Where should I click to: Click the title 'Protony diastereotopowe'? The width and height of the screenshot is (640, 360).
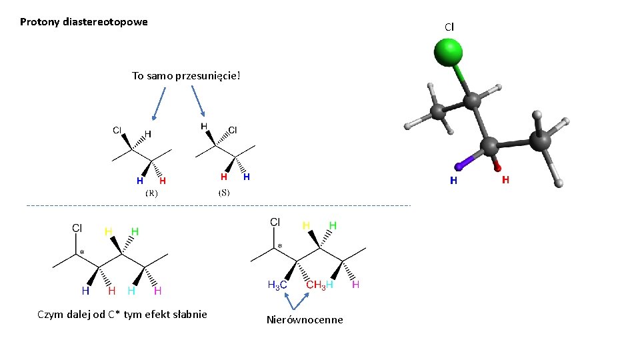pos(84,22)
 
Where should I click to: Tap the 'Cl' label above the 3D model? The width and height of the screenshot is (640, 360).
pos(449,27)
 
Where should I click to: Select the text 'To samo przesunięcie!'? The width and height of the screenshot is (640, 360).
pos(185,75)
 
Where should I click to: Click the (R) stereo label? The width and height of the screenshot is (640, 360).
pos(151,193)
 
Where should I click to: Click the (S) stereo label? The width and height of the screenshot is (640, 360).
pos(224,193)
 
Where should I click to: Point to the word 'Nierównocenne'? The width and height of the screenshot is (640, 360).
pos(305,320)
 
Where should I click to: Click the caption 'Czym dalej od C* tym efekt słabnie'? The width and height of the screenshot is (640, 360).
pos(122,315)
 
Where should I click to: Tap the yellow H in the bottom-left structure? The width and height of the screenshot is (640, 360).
pos(107,231)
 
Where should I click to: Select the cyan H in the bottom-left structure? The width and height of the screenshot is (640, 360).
pos(131,291)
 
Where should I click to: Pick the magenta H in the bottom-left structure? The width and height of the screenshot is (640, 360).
pos(158,291)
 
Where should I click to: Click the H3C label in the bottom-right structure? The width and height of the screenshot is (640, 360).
pos(277,285)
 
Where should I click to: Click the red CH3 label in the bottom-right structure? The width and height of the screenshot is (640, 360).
pos(315,285)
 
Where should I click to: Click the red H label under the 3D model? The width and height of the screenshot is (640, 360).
pos(505,180)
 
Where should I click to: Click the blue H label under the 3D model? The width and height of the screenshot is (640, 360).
pos(453,180)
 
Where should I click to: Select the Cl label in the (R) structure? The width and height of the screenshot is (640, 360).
pos(117,130)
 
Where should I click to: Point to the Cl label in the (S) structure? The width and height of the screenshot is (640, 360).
pos(233,129)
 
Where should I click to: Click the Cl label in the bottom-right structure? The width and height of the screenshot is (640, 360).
pos(275,221)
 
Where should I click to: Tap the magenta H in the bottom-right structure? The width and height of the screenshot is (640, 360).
pos(355,285)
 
